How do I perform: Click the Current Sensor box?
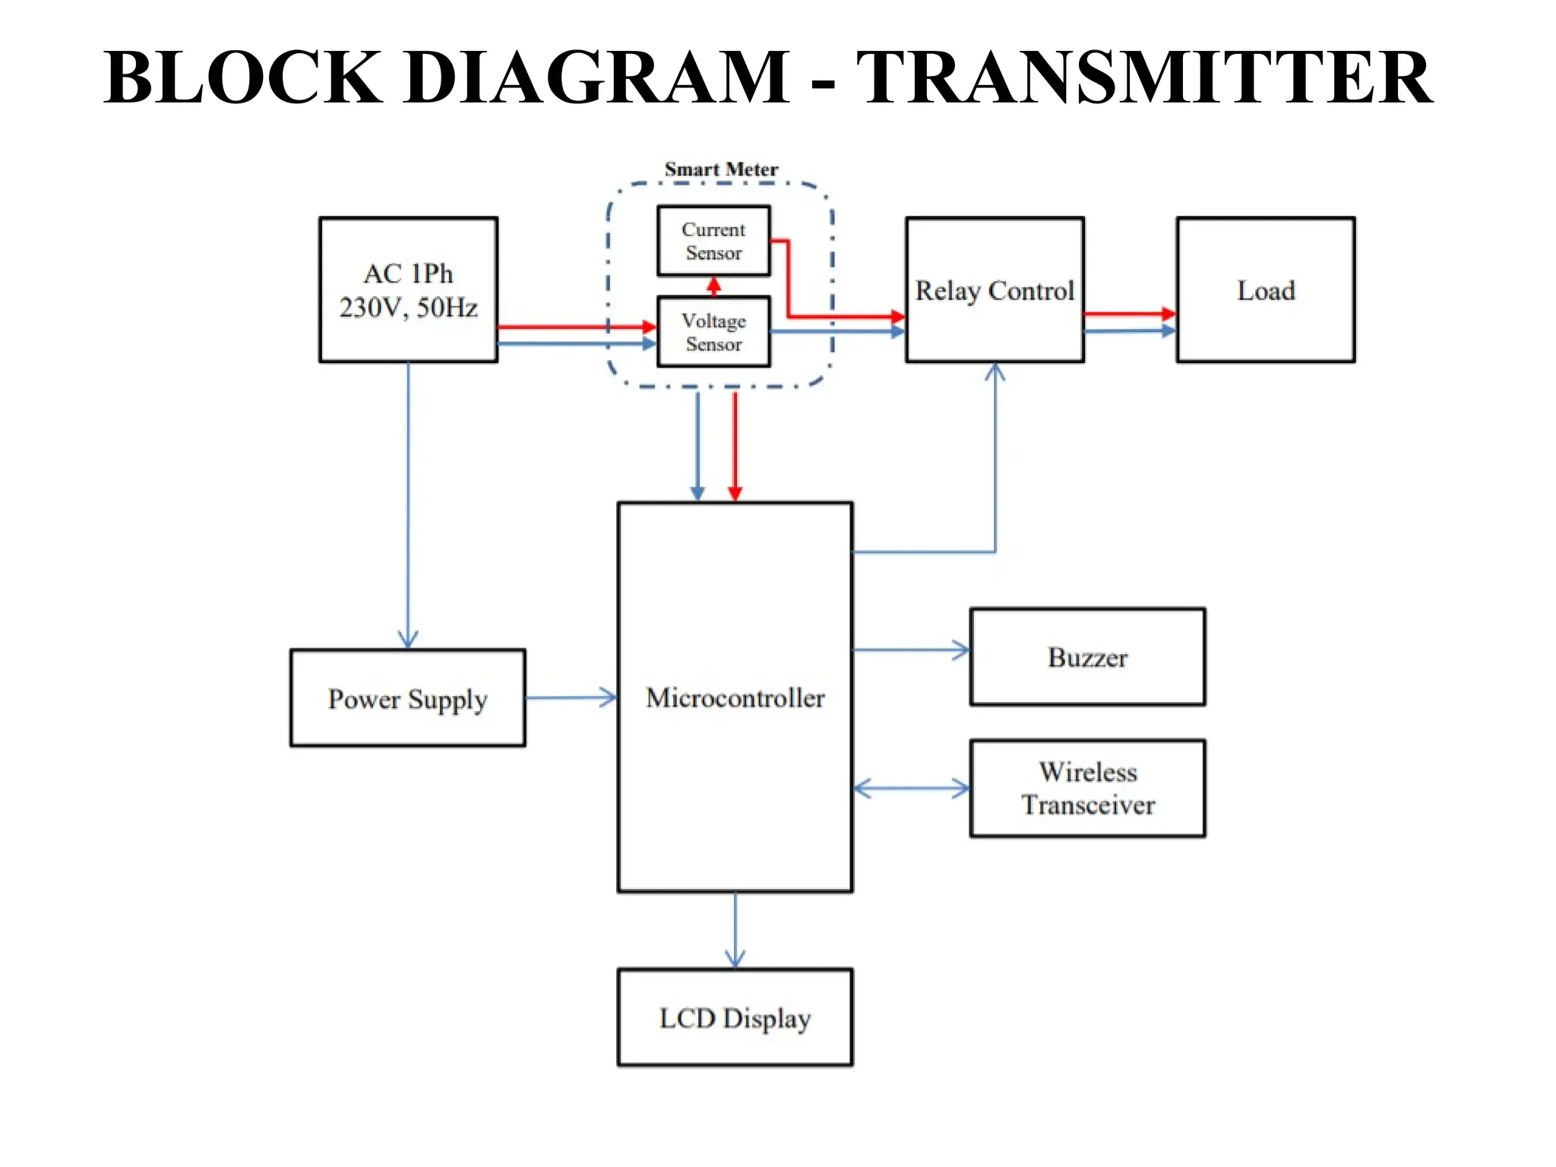713,241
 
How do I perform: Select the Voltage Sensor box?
713,332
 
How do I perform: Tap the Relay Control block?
994,289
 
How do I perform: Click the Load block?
1265,289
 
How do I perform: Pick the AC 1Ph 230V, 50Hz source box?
408,289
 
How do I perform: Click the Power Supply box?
407,697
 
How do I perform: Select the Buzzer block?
1087,656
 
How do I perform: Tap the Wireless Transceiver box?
1087,788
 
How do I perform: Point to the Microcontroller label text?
735,697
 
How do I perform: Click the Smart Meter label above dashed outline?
721,169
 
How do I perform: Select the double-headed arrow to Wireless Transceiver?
911,789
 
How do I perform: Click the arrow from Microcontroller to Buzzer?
911,650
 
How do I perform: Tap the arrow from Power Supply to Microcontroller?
571,697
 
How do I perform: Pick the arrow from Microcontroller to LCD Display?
735,930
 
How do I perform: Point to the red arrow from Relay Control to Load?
1130,313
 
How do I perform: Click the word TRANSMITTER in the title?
1144,77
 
